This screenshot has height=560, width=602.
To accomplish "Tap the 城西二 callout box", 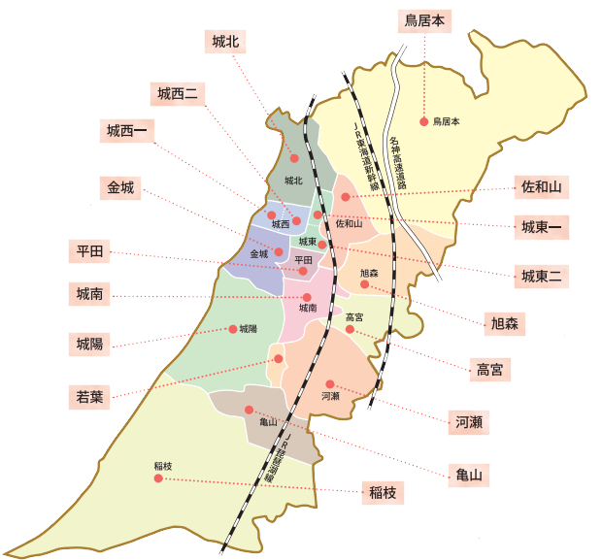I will (178, 93).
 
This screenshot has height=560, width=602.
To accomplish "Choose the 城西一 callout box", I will (127, 131).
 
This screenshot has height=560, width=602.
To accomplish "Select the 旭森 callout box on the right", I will (505, 323).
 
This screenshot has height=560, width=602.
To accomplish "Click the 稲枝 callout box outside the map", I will (382, 492).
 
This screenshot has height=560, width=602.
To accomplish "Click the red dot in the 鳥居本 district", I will (423, 121).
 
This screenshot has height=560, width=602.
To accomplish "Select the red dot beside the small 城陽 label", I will (232, 329).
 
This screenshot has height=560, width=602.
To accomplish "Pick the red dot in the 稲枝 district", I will (158, 478).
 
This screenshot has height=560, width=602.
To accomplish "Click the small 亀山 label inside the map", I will (269, 422).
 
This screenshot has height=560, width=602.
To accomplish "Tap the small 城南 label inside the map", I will (308, 308).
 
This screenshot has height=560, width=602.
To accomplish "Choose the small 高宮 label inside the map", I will (354, 317).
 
